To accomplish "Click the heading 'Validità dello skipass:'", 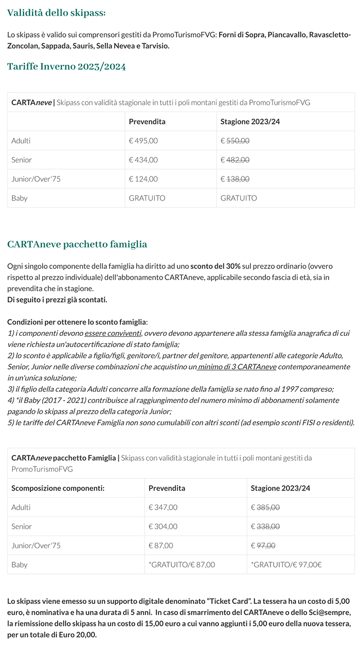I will [x=57, y=13].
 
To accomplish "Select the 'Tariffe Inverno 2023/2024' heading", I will [x=66, y=66].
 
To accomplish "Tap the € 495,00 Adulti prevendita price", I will [x=143, y=140].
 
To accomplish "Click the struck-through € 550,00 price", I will [x=235, y=140].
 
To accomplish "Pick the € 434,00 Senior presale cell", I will [x=143, y=160].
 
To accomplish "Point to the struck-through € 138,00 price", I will [x=235, y=179].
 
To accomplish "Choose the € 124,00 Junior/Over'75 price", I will [x=143, y=179].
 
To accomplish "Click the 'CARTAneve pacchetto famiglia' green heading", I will [x=77, y=244].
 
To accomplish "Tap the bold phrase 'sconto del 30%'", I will [x=215, y=266].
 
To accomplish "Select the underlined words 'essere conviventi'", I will [x=113, y=333].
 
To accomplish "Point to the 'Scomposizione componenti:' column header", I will [x=58, y=488].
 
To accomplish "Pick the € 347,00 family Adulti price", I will [x=163, y=507].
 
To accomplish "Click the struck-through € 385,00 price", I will [x=265, y=507].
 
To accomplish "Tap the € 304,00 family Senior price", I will [x=163, y=526].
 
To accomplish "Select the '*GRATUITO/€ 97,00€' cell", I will [x=286, y=565].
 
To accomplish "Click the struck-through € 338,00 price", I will [x=265, y=526].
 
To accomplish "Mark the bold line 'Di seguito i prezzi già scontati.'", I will [x=57, y=300].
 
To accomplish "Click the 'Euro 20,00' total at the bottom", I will [x=77, y=635].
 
